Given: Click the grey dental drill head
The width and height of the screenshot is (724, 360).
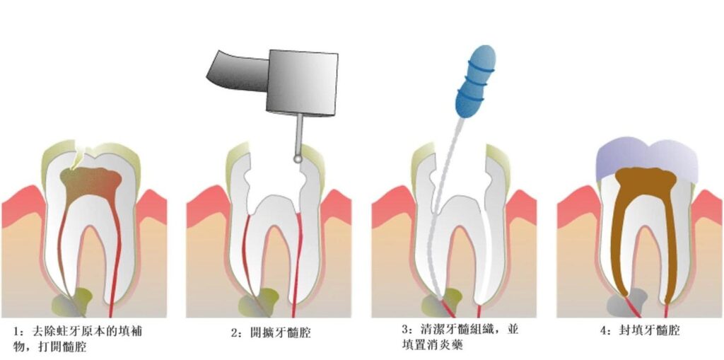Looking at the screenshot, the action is click(303, 81).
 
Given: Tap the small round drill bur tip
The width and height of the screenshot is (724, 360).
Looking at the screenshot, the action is click(298, 159).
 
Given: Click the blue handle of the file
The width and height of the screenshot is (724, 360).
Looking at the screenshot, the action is click(476, 81).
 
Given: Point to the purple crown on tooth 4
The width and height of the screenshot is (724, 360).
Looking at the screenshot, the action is click(646, 158).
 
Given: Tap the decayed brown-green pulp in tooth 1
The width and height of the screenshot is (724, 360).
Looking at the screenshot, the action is click(90, 182).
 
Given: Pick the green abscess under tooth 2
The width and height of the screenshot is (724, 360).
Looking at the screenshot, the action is click(259, 302).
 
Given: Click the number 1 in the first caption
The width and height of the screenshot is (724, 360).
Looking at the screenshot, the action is click(17, 332).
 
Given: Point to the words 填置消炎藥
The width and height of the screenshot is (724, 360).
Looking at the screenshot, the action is click(432, 344).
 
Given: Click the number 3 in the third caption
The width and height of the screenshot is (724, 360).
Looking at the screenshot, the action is click(405, 330).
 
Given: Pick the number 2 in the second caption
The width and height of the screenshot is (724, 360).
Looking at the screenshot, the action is click(235, 332).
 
